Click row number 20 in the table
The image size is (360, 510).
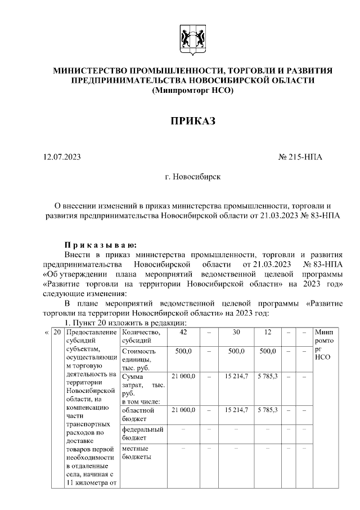pos(57,333)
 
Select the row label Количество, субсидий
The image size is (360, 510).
pos(137,337)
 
